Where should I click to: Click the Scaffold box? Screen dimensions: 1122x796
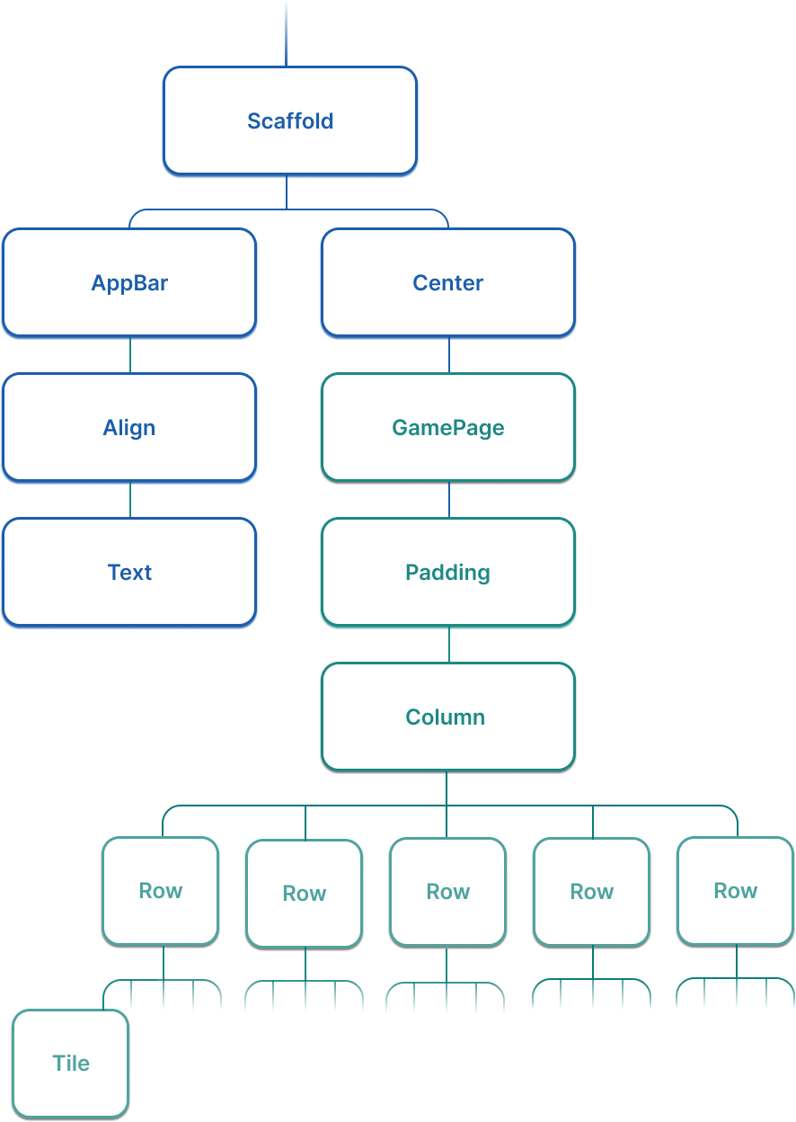[x=289, y=120]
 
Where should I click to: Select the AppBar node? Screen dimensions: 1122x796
[x=129, y=283]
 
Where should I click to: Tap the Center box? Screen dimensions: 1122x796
[x=447, y=283]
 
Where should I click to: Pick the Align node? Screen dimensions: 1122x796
[x=129, y=428]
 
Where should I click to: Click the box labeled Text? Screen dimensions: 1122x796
[x=129, y=573]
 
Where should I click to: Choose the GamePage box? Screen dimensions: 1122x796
[x=447, y=428]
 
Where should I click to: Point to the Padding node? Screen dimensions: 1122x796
[x=447, y=573]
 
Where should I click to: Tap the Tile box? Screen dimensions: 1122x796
[x=71, y=1064]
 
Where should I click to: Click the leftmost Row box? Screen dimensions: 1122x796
[x=160, y=891]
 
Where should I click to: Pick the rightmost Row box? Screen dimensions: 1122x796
[x=735, y=891]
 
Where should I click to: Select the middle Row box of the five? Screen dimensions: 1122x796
[x=447, y=892]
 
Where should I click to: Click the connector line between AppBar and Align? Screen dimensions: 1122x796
[x=130, y=356]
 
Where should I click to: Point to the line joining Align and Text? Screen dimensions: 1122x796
[x=130, y=500]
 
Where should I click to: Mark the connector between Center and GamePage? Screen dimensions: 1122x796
[x=449, y=356]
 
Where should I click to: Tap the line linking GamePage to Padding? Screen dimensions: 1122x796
[x=449, y=500]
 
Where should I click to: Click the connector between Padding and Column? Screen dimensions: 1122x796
[x=449, y=645]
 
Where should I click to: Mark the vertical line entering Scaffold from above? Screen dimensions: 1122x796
[x=287, y=32]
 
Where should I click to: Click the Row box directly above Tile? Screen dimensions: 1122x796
[x=160, y=891]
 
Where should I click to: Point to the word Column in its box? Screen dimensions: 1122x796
[x=446, y=717]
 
